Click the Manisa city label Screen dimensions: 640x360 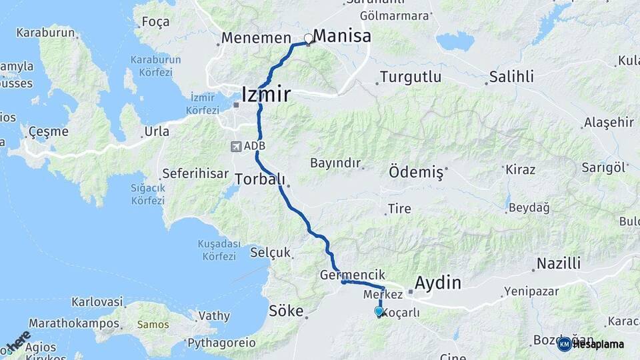[342, 36]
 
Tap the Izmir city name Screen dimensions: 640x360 [265, 94]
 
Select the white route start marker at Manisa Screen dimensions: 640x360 [308, 39]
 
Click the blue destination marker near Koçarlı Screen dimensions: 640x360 [379, 311]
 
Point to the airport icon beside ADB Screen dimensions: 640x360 [236, 146]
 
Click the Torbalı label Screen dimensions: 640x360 [259, 179]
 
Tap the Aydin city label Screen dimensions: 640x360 [438, 282]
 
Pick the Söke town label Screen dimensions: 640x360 [286, 311]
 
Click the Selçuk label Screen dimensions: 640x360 [270, 253]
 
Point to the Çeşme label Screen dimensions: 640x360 [47, 131]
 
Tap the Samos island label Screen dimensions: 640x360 [153, 325]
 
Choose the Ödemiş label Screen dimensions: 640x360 [416, 172]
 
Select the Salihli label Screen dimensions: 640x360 [511, 77]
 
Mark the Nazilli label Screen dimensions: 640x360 [559, 263]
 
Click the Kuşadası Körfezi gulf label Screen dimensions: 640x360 [217, 250]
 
